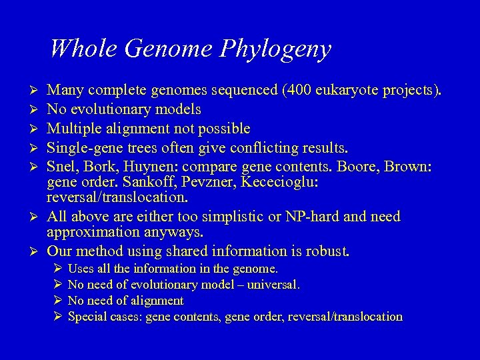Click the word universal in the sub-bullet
(273, 285)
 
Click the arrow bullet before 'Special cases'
(57, 317)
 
